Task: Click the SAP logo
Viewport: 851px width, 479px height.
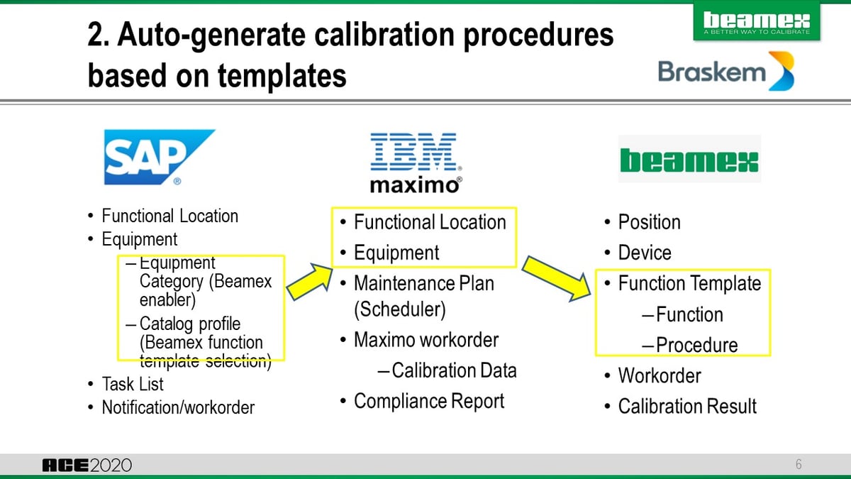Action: pyautogui.click(x=157, y=156)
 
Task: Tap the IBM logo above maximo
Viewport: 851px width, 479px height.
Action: pyautogui.click(x=415, y=151)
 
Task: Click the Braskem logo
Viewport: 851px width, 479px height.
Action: pyautogui.click(x=725, y=72)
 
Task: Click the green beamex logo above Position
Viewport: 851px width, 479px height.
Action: pyautogui.click(x=689, y=160)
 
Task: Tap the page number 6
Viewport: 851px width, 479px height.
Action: pyautogui.click(x=799, y=466)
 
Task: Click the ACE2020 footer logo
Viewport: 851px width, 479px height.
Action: pyautogui.click(x=87, y=466)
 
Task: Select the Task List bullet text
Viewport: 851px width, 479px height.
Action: pyautogui.click(x=132, y=384)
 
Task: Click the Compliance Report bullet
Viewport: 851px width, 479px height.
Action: pyautogui.click(x=428, y=401)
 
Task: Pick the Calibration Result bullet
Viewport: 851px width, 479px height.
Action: pyautogui.click(x=686, y=406)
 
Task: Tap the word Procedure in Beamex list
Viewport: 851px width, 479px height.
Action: pyautogui.click(x=696, y=345)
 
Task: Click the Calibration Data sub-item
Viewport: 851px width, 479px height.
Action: pyautogui.click(x=454, y=370)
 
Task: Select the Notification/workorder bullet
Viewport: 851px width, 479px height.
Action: pyautogui.click(x=177, y=407)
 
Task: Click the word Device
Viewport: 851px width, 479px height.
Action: pyautogui.click(x=644, y=253)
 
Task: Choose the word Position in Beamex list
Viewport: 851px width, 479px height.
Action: pyautogui.click(x=649, y=222)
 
